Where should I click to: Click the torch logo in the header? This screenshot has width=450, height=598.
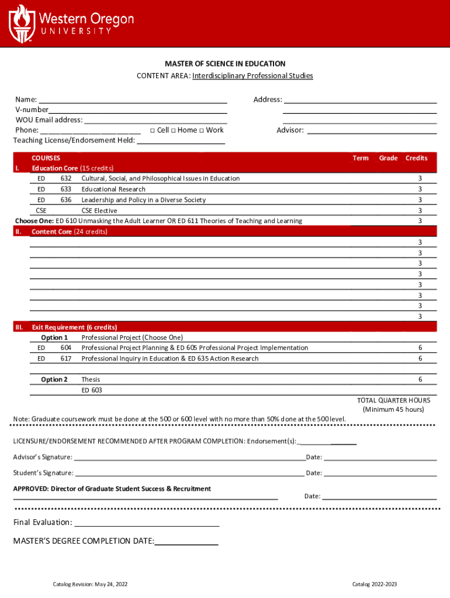(x=22, y=23)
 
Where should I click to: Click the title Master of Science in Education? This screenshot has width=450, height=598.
(x=225, y=64)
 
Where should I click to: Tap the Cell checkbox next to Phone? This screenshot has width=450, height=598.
(x=153, y=130)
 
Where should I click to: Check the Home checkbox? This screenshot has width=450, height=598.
(x=174, y=130)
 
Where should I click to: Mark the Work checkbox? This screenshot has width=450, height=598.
(x=202, y=130)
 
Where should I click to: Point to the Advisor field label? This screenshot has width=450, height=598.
(x=290, y=130)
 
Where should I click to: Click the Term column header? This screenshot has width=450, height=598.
(x=361, y=158)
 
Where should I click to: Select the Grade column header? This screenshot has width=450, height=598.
(x=388, y=158)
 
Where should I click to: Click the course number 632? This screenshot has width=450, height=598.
(x=66, y=179)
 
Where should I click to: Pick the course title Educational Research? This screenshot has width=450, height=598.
(x=113, y=189)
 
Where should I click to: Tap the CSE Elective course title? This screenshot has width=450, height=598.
(x=99, y=210)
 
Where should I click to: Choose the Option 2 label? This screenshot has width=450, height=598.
(x=54, y=380)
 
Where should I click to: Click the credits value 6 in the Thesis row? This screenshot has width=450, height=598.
(x=420, y=380)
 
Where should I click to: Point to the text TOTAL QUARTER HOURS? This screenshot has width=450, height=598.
(x=393, y=401)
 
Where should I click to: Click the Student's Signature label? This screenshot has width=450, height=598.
(x=43, y=473)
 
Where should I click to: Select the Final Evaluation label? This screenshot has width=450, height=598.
(x=43, y=522)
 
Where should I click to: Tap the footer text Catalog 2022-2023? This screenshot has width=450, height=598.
(x=374, y=585)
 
